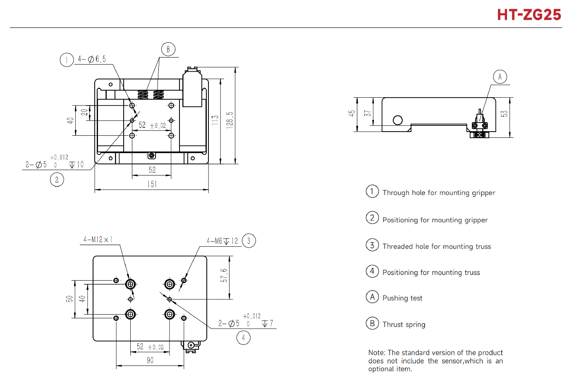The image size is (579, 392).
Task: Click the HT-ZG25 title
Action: click(529, 15)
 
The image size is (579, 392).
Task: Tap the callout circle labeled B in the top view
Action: click(168, 49)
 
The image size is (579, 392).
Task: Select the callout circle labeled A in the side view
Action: click(500, 77)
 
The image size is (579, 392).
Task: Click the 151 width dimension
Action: click(152, 184)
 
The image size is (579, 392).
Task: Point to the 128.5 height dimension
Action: click(230, 120)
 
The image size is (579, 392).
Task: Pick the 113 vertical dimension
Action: click(215, 120)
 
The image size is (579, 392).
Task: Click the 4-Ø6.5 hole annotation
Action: click(92, 59)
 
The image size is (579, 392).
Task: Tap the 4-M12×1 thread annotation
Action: click(98, 240)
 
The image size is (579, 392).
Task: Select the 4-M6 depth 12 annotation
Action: click(222, 241)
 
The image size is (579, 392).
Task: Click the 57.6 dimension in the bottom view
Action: click(224, 275)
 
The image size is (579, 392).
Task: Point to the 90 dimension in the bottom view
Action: click(150, 360)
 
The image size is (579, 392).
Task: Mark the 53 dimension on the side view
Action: click(504, 114)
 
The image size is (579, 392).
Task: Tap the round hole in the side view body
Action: click(398, 120)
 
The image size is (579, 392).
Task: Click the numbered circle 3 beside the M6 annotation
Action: click(249, 240)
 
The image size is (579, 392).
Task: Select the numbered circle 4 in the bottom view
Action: click(244, 338)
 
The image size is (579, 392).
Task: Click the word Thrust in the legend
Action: click(392, 325)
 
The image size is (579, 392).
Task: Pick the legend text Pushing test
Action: click(402, 298)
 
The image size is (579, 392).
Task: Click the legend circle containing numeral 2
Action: click(372, 218)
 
